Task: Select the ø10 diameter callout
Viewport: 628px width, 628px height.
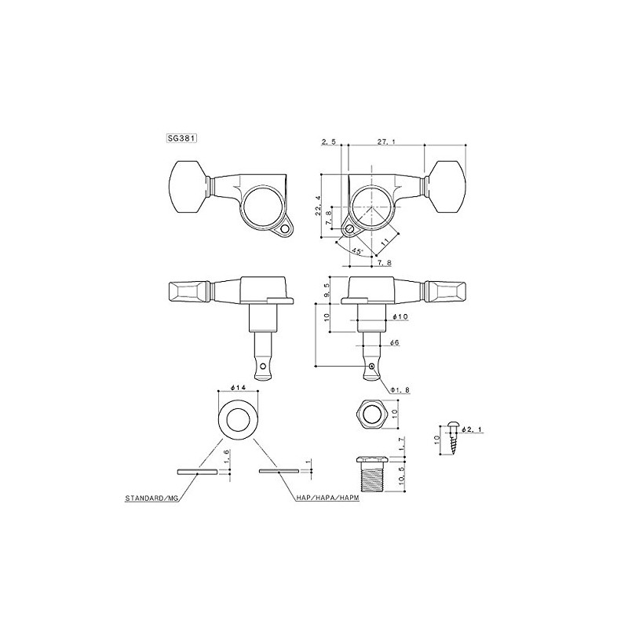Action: tap(398, 317)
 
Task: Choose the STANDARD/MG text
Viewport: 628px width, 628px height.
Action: tap(156, 498)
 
